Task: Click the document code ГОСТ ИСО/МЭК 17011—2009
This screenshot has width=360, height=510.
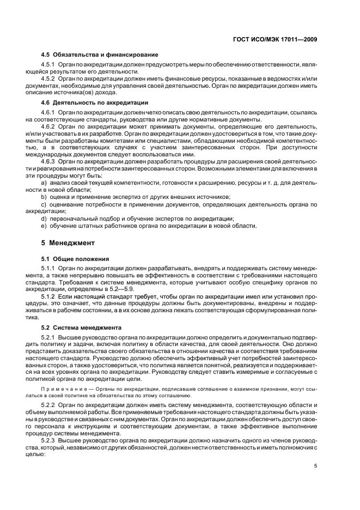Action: [276, 39]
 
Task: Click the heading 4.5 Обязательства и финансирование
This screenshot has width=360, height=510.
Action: [100, 54]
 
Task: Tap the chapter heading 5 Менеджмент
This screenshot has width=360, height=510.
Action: [68, 242]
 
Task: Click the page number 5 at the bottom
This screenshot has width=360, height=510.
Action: [316, 465]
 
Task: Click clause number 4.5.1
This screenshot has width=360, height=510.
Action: [50, 65]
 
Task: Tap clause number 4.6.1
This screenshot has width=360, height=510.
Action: [50, 112]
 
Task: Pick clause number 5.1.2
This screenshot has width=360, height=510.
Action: [50, 296]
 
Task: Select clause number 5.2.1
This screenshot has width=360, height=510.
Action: [50, 338]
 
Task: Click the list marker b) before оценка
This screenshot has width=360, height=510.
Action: [44, 196]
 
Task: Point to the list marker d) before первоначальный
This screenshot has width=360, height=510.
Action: [44, 218]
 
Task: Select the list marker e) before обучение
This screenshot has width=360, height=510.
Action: [44, 226]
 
